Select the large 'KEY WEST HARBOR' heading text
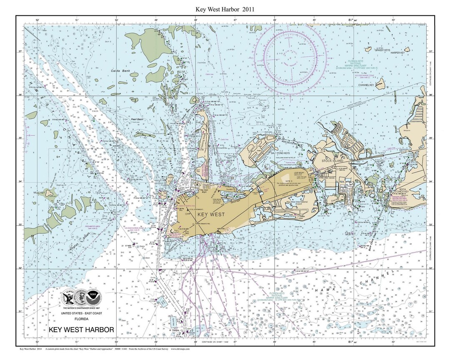[x=81, y=330]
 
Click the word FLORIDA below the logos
[x=81, y=319]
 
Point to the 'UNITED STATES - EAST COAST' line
[x=81, y=313]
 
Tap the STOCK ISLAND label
[x=332, y=160]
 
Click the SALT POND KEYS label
[x=283, y=153]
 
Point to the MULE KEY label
[x=39, y=193]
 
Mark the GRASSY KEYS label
[x=381, y=50]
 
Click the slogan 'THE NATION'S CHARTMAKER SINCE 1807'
[x=81, y=307]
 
